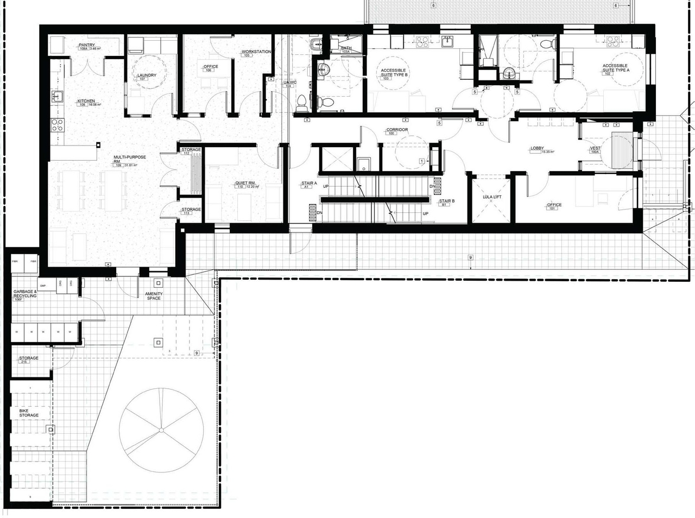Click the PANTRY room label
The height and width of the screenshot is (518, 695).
87,46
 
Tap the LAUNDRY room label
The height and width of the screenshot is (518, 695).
147,76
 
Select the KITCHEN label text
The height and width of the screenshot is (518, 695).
86,102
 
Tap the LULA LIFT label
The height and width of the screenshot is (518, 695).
491,197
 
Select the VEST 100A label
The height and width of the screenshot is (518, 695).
595,149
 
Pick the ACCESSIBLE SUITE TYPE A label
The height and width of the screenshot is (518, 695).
615,68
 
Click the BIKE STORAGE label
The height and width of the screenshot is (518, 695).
29,413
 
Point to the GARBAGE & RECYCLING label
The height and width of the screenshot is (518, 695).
25,294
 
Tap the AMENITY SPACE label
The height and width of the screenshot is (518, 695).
154,296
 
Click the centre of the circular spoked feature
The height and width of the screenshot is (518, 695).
160,431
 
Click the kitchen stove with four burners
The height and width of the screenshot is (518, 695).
58,125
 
